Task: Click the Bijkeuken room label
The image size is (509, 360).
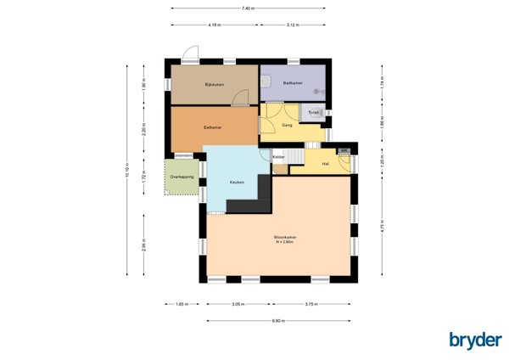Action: pyautogui.click(x=212, y=85)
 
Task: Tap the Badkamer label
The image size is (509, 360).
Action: pyautogui.click(x=294, y=82)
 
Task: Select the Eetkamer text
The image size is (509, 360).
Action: pyautogui.click(x=212, y=127)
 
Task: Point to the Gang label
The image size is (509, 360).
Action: pyautogui.click(x=287, y=125)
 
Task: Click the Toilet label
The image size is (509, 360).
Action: pyautogui.click(x=313, y=112)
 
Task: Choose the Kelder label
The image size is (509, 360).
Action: pyautogui.click(x=278, y=157)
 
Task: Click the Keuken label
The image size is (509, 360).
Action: pyautogui.click(x=238, y=183)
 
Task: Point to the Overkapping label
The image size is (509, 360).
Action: pyautogui.click(x=182, y=177)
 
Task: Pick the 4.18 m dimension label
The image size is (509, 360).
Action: pyautogui.click(x=214, y=25)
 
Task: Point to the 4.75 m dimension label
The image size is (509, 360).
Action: pyautogui.click(x=383, y=227)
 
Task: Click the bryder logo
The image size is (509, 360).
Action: pyautogui.click(x=475, y=340)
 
